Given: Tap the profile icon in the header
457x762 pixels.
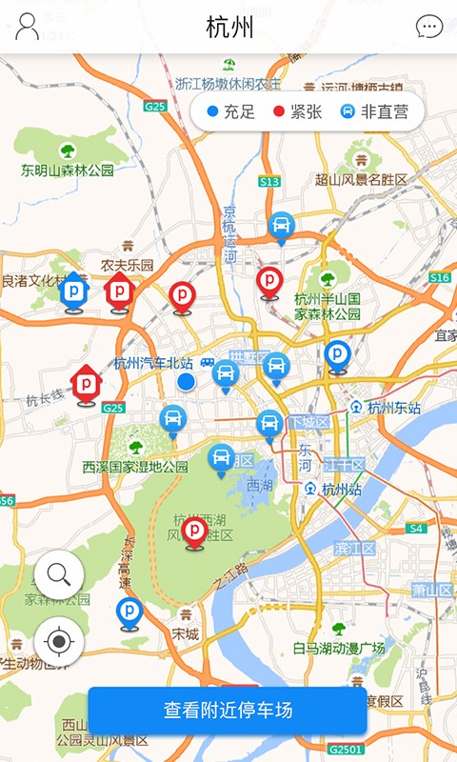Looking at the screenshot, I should point(28,27).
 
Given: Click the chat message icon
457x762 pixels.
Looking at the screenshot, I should point(429,27).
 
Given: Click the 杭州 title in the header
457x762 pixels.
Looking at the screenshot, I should point(229,27).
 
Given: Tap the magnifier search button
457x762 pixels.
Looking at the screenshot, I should point(59,574).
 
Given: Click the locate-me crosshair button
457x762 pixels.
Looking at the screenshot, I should point(59,642).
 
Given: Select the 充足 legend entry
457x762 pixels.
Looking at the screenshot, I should point(231,111).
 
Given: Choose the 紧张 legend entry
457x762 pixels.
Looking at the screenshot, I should point(298,111).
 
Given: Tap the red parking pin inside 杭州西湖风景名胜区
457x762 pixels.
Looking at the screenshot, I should point(195,531).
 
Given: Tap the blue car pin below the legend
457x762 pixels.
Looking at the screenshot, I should point(281,226).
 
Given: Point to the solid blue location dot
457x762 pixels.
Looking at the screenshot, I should point(187,381).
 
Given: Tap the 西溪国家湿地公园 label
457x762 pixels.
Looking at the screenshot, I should point(135,467).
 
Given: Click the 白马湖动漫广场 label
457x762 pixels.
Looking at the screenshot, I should point(338,648).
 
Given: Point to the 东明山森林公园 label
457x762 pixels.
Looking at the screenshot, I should point(68,170).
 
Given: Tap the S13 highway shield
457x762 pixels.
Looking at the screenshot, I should point(269,181).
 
